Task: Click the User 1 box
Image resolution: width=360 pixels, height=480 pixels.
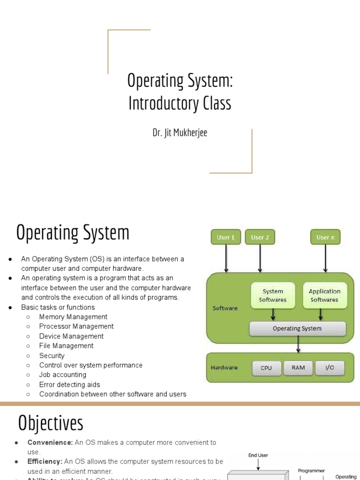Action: tap(226, 237)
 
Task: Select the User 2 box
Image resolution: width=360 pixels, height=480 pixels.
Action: tap(260, 237)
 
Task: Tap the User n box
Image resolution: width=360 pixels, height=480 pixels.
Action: tap(325, 237)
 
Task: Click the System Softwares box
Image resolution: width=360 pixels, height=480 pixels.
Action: tap(273, 295)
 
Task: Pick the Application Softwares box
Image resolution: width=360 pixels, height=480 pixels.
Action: tap(324, 295)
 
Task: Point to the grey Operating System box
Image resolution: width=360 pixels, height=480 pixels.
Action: tap(297, 329)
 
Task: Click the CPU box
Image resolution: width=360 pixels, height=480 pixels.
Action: tap(266, 368)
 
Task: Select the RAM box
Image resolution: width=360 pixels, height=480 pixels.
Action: tap(298, 367)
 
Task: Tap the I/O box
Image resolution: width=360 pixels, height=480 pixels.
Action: tap(330, 367)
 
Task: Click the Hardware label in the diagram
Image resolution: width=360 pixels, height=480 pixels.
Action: tap(224, 367)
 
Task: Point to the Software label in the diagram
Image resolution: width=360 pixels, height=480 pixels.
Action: tap(225, 308)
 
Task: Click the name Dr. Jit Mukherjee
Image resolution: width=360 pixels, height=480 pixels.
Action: tap(180, 133)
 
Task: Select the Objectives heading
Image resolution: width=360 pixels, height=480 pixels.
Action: tap(51, 423)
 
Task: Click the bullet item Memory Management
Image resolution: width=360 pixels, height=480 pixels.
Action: tap(73, 317)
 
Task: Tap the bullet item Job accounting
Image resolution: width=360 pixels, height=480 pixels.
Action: tap(63, 375)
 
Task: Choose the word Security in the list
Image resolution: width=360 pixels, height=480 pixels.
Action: tap(52, 356)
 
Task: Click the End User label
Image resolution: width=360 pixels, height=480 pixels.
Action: tap(258, 455)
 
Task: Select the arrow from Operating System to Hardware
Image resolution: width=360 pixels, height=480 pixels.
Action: tap(298, 345)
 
